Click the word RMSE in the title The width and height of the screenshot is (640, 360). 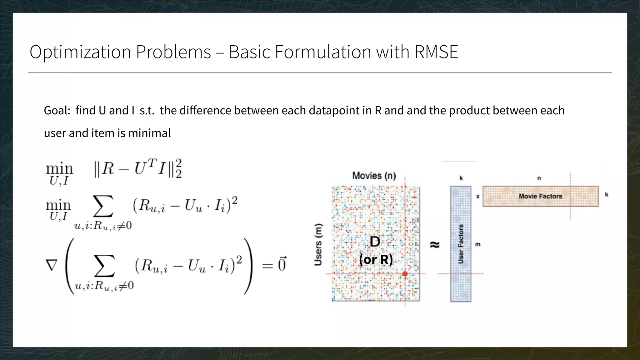436,52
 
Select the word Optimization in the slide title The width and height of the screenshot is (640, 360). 80,52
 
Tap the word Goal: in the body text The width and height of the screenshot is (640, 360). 57,111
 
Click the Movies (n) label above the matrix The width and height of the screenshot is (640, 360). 374,176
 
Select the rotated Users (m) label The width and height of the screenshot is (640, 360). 318,245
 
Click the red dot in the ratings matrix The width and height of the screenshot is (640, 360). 405,274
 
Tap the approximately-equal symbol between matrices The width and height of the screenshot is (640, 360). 435,245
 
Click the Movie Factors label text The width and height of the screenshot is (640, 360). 540,196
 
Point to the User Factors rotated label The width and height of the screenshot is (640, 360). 461,244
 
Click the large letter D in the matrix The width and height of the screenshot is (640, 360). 375,242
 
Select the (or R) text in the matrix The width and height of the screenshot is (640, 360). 376,259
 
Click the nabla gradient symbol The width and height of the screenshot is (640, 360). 52,265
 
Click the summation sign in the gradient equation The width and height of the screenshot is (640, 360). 104,266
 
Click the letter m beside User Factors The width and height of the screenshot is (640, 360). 478,244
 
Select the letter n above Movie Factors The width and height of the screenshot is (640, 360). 539,178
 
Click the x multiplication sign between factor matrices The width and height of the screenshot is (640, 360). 478,197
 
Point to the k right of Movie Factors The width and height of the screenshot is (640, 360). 607,194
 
